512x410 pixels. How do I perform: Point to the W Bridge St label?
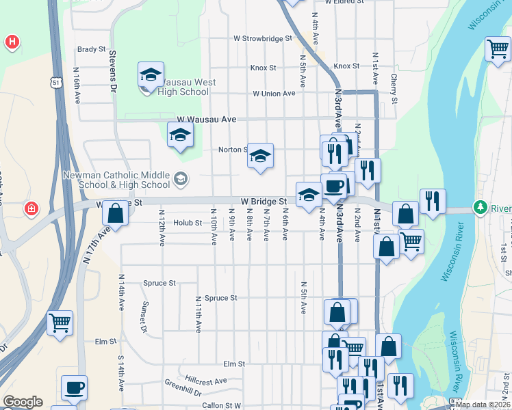pos(264,202)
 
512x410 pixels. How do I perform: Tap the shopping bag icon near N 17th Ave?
pos(116,213)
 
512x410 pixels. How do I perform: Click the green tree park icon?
pos(481,207)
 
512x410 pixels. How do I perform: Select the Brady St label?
pos(91,49)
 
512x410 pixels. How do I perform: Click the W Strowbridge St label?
pos(263,39)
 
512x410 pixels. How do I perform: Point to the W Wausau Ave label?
pos(206,120)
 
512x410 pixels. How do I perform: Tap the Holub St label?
pos(188,223)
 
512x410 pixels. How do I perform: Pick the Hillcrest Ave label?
pos(205,380)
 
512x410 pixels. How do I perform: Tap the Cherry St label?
pos(394,89)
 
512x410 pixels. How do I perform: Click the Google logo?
pos(23,402)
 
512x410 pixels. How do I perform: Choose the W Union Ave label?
pos(274,94)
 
